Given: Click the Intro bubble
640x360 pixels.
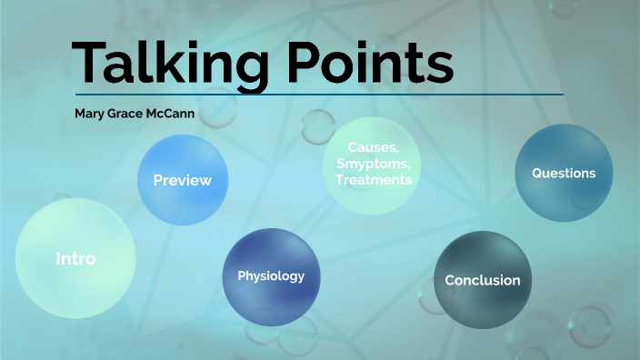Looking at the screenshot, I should click(x=75, y=258).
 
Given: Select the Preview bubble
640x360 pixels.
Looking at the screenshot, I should click(x=182, y=180).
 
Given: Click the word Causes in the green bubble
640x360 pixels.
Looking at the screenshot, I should click(x=373, y=147).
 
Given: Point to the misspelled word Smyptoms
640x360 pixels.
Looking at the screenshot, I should click(x=373, y=164).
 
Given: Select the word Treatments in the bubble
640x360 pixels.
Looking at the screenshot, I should click(x=373, y=180).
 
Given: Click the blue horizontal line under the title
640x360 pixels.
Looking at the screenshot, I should click(x=318, y=94).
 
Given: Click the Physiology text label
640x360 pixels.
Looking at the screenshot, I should click(x=271, y=276).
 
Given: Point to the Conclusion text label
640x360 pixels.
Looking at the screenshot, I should click(x=482, y=281).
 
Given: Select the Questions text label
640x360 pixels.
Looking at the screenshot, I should click(x=564, y=173).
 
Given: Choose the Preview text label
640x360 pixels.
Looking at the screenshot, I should click(x=182, y=180).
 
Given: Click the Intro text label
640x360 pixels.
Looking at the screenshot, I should click(x=75, y=259).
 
